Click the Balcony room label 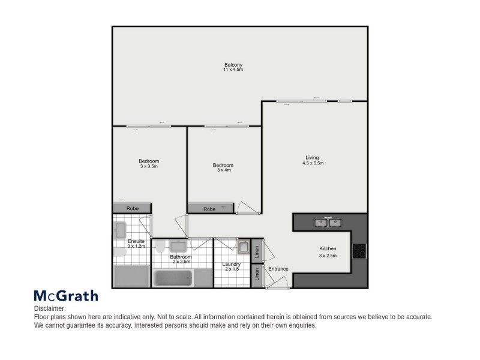click(x=233, y=65)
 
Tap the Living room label click(x=311, y=158)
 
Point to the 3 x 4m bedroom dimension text click(x=224, y=170)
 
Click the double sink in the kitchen click(x=328, y=223)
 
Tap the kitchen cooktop click(x=359, y=250)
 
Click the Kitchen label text click(x=328, y=249)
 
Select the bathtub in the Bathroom click(x=173, y=278)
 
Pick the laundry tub click(x=243, y=247)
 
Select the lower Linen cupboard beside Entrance click(x=256, y=275)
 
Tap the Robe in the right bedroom click(x=210, y=209)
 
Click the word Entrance click(x=278, y=269)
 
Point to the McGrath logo click(x=65, y=296)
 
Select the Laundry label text click(x=231, y=265)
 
